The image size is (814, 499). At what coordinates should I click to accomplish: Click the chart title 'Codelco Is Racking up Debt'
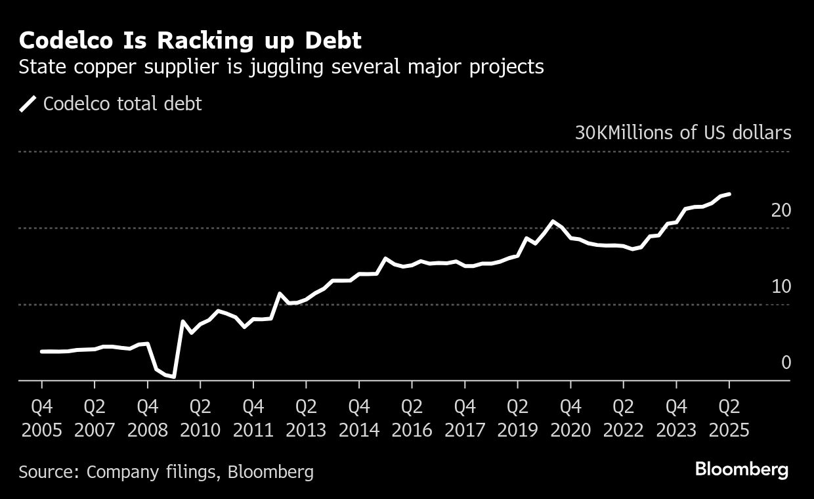point(190,41)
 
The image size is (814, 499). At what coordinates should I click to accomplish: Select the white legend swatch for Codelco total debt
point(28,104)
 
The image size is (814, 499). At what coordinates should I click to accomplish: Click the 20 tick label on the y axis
point(781,211)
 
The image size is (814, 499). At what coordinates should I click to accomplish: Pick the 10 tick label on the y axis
point(781,287)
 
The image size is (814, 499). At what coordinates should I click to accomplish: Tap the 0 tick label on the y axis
point(786,362)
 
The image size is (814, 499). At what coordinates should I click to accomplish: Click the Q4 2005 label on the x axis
point(41,418)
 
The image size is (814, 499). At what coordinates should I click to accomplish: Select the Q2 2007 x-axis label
point(95,418)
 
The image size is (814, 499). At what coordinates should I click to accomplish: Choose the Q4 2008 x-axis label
point(147,418)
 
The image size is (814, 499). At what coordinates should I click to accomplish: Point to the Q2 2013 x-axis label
point(306,418)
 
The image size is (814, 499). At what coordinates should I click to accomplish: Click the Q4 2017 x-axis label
point(465,418)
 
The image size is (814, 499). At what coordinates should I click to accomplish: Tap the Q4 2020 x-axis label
point(570,418)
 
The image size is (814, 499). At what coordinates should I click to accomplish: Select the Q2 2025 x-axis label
point(729,418)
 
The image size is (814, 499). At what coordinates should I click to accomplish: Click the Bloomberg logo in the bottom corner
point(741,469)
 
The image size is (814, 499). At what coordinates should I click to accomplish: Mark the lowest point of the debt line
point(175,377)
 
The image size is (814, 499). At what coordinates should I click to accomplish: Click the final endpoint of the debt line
point(729,194)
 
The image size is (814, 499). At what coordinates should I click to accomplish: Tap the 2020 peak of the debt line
point(553,221)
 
